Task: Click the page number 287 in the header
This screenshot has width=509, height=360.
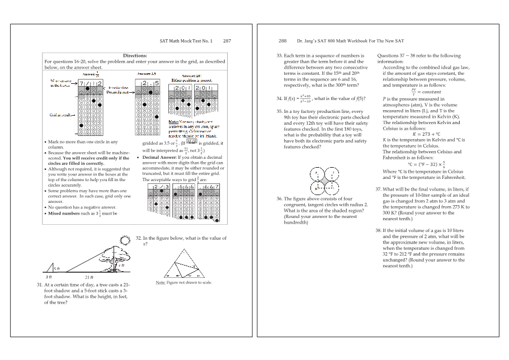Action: tap(227, 41)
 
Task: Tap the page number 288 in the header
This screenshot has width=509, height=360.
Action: tap(282, 41)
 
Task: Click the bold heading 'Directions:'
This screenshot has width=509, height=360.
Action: tap(135, 55)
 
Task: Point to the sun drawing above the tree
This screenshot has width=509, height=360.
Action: tap(124, 241)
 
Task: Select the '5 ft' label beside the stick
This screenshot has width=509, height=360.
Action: tap(56, 269)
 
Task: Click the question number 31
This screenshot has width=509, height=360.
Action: tap(40, 285)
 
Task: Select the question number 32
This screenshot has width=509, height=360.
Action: tap(139, 238)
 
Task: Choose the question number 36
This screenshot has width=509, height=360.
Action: tap(280, 198)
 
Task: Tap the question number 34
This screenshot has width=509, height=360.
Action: tap(280, 98)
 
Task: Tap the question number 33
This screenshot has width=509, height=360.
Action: tap(280, 56)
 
